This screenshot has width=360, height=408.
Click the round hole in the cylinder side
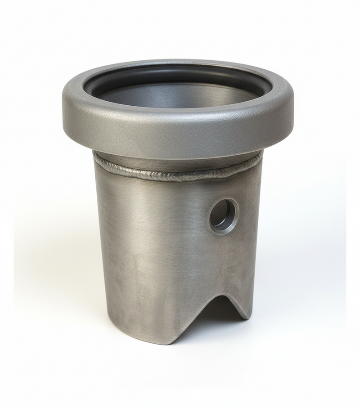[x=224, y=215]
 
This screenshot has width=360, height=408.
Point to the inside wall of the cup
[x=180, y=94]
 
